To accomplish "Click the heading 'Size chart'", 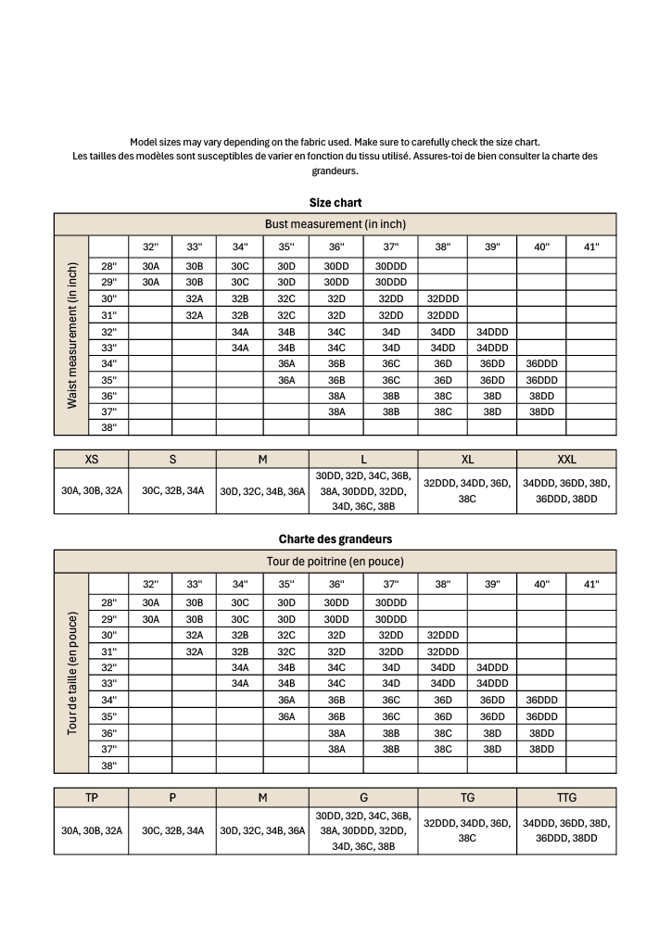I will point(335,202).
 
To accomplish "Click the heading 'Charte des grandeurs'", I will point(335,538).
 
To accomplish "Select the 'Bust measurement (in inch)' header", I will point(335,224).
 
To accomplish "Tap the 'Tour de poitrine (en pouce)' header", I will point(335,561).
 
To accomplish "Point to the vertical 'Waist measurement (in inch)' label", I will point(71,335).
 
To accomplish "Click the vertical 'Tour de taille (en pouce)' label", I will point(71,672).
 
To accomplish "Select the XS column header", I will point(92,459).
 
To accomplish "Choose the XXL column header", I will point(566,459).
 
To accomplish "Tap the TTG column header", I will point(566,796).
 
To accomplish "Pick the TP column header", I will point(92,796).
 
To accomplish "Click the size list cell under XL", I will point(467,490).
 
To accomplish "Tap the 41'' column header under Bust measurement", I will point(590,247).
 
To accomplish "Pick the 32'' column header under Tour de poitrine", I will point(150,584).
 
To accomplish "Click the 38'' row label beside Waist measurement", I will point(108,427).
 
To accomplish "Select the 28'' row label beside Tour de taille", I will point(108,601).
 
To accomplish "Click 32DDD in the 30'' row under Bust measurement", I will point(443,298).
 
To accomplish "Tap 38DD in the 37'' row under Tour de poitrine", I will point(541,748).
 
